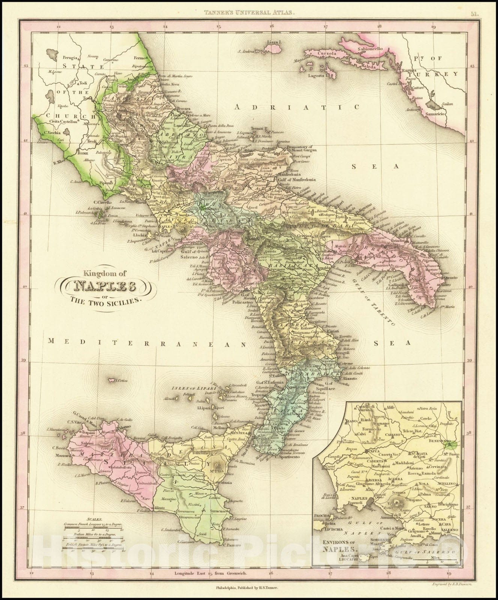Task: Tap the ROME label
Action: coord(82,153)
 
